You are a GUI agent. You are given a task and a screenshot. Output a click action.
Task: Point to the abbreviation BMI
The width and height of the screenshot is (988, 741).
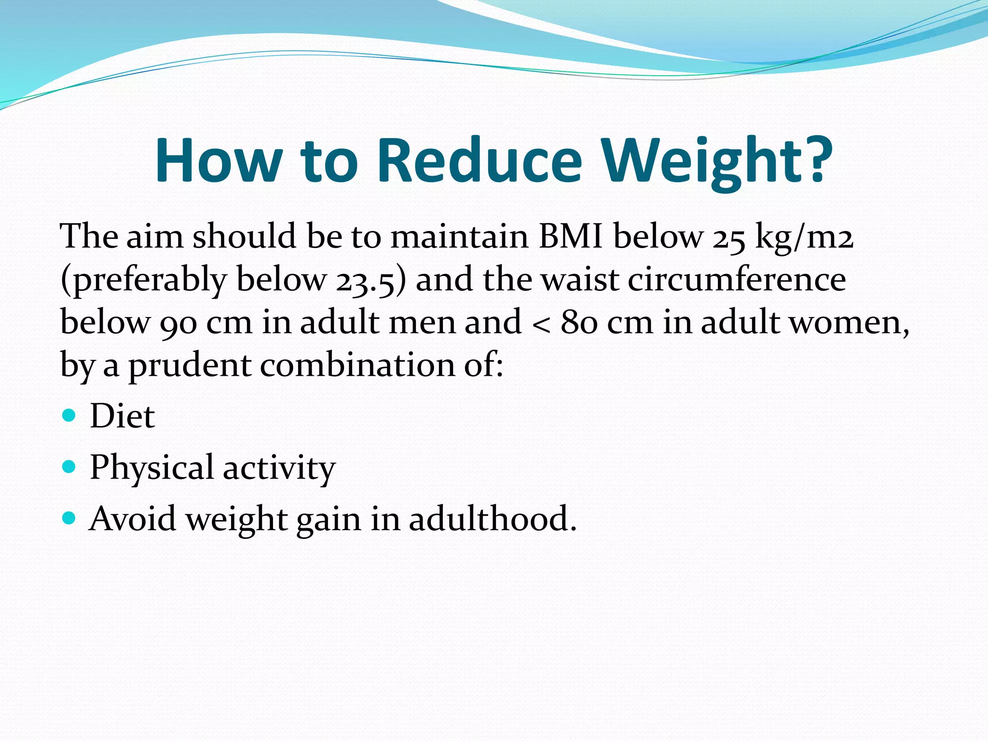(x=571, y=236)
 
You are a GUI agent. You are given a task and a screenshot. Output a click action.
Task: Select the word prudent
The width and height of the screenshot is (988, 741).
(x=189, y=365)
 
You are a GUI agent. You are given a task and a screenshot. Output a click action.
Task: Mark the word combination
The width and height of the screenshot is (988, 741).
(x=357, y=365)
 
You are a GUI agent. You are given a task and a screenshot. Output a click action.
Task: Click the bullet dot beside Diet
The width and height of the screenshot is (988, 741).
(x=69, y=415)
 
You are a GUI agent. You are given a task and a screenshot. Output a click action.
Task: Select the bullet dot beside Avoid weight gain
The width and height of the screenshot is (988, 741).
(x=69, y=518)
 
